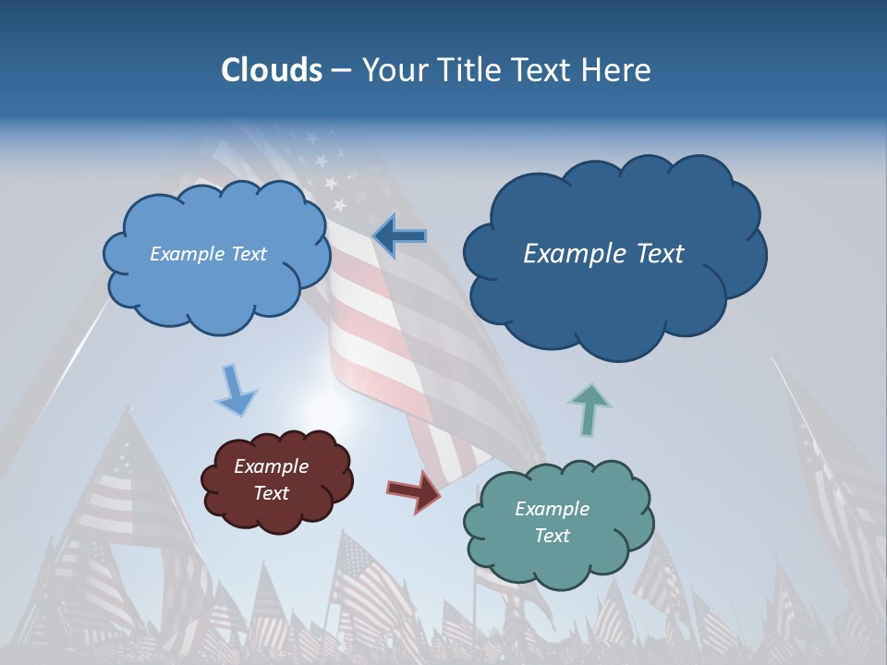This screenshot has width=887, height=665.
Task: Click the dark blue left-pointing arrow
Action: click(399, 236)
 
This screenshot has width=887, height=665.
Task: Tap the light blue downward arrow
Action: click(236, 391)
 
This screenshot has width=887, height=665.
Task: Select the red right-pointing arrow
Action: click(413, 490)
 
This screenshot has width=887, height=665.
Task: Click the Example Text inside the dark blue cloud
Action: click(603, 254)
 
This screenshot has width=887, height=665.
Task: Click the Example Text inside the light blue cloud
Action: click(208, 254)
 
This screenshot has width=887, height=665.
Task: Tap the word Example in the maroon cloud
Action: click(271, 466)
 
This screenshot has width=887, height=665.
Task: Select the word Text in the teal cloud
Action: click(552, 536)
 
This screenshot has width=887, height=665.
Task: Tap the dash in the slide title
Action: click(341, 71)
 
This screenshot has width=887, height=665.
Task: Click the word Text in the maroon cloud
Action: click(271, 493)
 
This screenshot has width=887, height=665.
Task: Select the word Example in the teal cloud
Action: click(552, 509)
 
